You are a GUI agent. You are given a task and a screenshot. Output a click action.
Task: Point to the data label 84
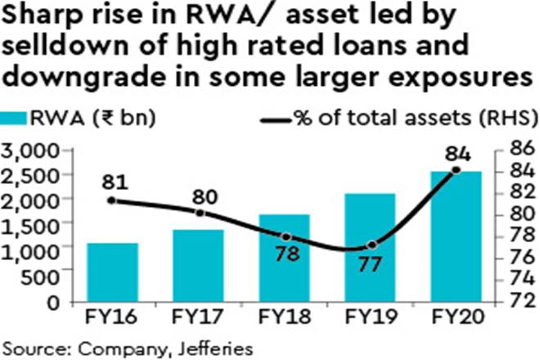tap(456, 152)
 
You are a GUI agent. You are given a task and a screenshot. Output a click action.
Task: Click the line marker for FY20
tap(456, 170)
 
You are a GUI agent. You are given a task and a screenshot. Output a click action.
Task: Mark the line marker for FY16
tap(113, 200)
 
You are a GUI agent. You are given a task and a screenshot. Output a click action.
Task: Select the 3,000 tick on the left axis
tap(30, 151)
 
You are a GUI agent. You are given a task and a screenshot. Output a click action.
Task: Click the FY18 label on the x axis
tap(284, 316)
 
